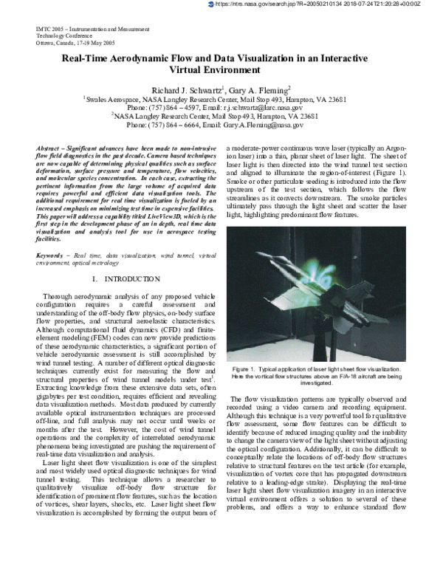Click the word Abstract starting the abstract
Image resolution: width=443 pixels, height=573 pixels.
[x=49, y=149]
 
